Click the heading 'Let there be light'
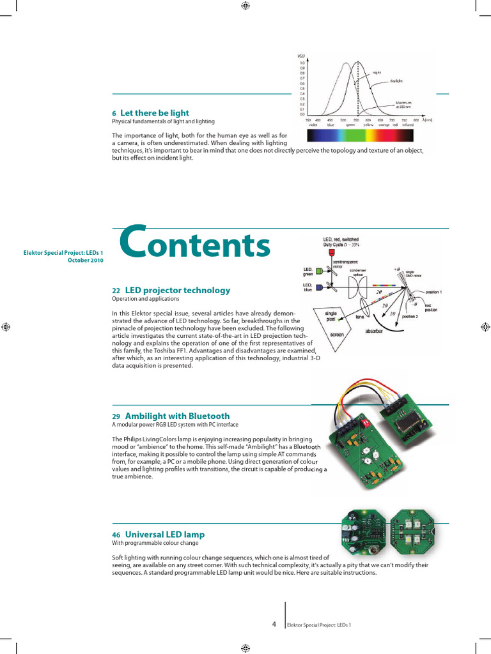pyautogui.click(x=154, y=113)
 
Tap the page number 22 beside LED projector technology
pyautogui.click(x=116, y=291)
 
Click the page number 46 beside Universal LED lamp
pyautogui.click(x=116, y=535)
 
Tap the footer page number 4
pyautogui.click(x=274, y=623)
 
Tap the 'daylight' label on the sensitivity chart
pyautogui.click(x=396, y=81)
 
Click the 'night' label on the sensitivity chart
pyautogui.click(x=377, y=73)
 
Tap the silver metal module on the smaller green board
pyautogui.click(x=407, y=425)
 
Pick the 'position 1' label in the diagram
pyautogui.click(x=434, y=293)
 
